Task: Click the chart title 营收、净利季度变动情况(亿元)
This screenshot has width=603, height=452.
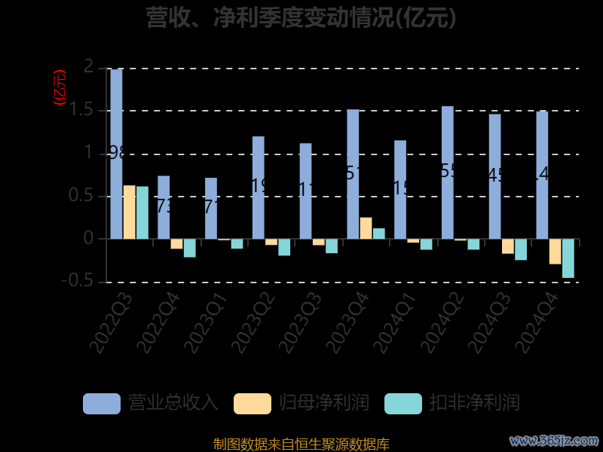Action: [301, 17]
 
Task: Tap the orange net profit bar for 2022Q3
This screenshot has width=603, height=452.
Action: [129, 212]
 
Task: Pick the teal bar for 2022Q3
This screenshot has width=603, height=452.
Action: [142, 212]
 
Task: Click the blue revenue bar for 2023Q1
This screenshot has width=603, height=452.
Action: [211, 208]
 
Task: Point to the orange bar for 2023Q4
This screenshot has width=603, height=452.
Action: [366, 228]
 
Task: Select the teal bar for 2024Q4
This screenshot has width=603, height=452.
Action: [568, 258]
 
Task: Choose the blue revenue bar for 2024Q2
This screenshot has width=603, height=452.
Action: [448, 173]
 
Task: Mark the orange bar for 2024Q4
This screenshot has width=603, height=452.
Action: [555, 252]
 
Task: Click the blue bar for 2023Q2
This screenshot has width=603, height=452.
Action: [259, 188]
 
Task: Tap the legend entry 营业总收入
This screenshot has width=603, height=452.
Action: [151, 403]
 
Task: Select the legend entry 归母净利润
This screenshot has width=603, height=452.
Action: [301, 403]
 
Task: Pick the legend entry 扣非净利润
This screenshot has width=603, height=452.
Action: [452, 403]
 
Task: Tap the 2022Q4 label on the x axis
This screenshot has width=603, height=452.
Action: [161, 322]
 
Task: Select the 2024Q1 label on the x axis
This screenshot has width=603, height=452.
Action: [397, 322]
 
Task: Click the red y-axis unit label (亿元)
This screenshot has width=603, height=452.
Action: [60, 87]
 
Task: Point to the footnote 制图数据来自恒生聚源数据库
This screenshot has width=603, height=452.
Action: [301, 444]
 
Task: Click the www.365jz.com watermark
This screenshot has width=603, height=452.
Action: [554, 440]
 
